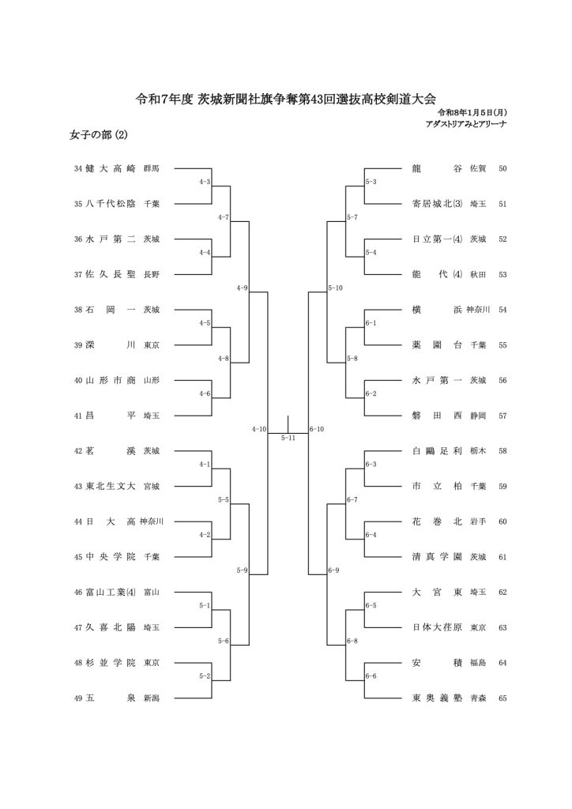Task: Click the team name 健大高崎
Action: point(111,168)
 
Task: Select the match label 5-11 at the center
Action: point(288,438)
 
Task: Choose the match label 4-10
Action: point(259,429)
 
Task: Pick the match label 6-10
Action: point(317,429)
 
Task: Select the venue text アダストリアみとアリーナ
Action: point(466,124)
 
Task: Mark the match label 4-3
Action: point(204,182)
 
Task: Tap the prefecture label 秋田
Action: point(478,274)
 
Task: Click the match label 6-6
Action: point(371,676)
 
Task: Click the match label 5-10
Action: point(334,288)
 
